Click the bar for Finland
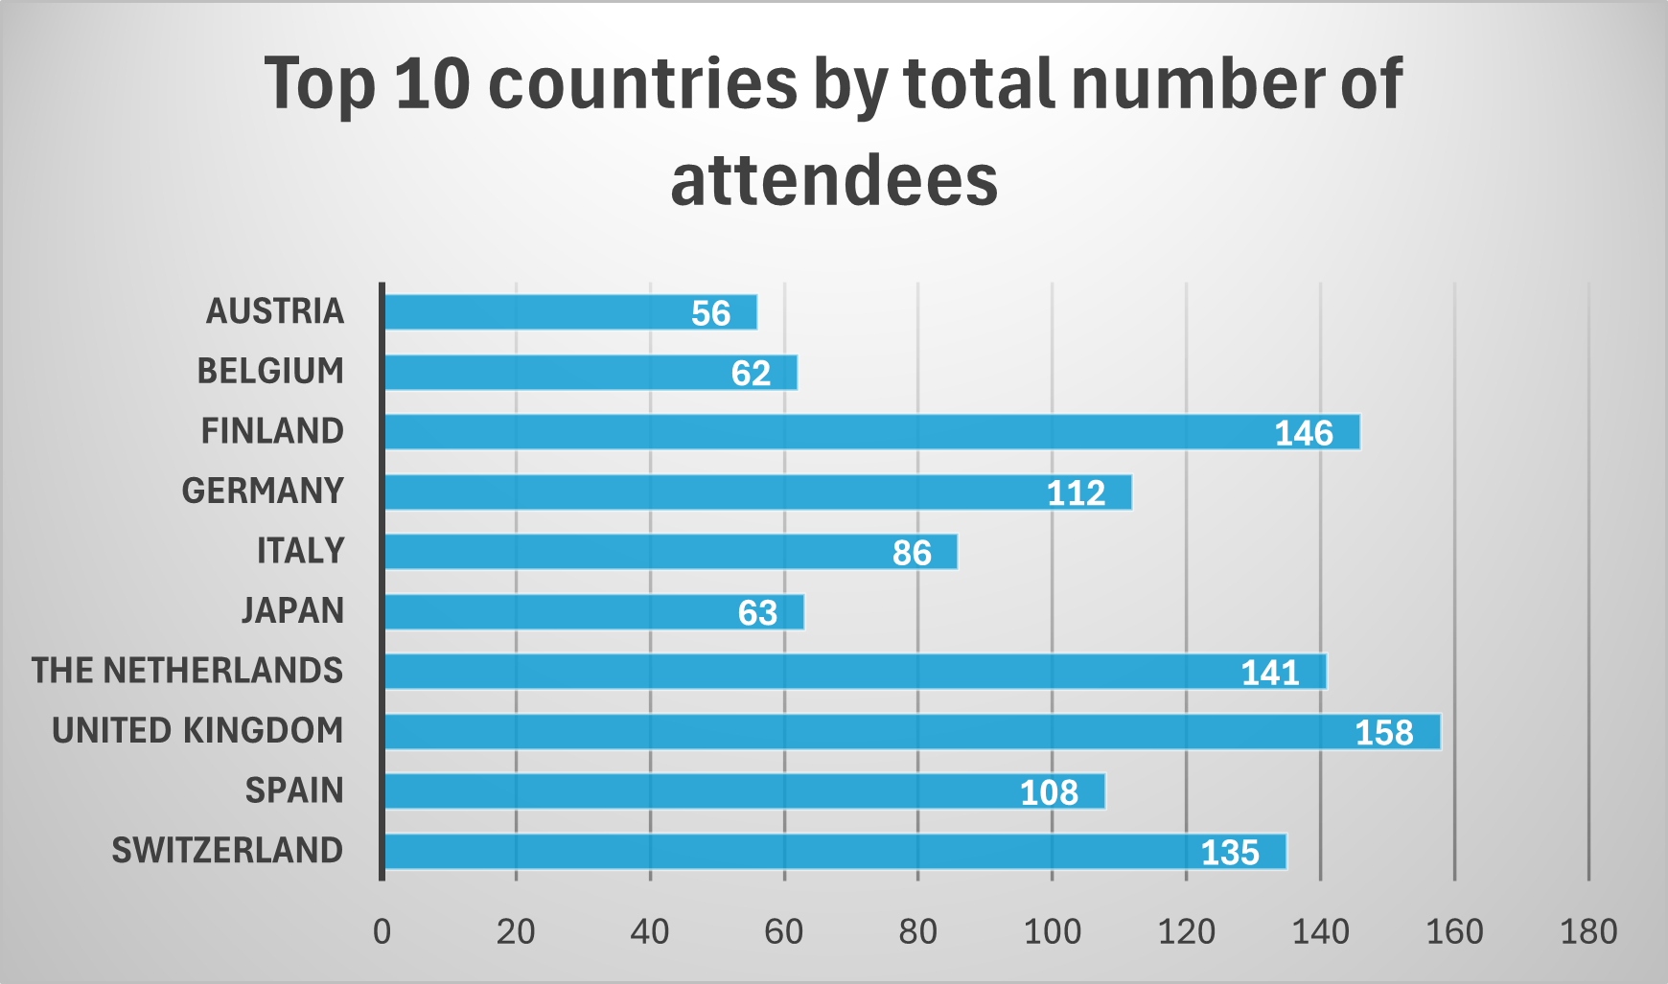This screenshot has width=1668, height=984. click(870, 432)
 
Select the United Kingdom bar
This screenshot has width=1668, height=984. click(911, 732)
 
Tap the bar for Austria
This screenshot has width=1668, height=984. click(570, 312)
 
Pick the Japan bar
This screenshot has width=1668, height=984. click(593, 612)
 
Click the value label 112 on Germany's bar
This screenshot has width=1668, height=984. click(1076, 493)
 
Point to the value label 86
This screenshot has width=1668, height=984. click(912, 553)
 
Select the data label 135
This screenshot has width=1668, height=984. click(1230, 853)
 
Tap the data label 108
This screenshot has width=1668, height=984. click(1049, 792)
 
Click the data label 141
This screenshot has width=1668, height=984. click(1270, 673)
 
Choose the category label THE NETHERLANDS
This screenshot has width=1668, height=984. click(187, 671)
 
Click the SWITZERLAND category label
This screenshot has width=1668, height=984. click(227, 851)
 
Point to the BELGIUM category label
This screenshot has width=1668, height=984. click(270, 371)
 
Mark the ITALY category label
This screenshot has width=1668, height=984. click(300, 551)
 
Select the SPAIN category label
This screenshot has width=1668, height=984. click(294, 790)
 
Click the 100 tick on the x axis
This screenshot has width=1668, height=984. click(1052, 931)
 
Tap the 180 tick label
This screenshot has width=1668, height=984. click(1588, 931)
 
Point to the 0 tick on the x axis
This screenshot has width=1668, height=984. click(382, 931)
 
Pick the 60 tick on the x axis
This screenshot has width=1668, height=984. click(783, 931)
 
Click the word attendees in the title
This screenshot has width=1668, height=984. click(834, 181)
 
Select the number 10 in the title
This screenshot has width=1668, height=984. click(432, 83)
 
